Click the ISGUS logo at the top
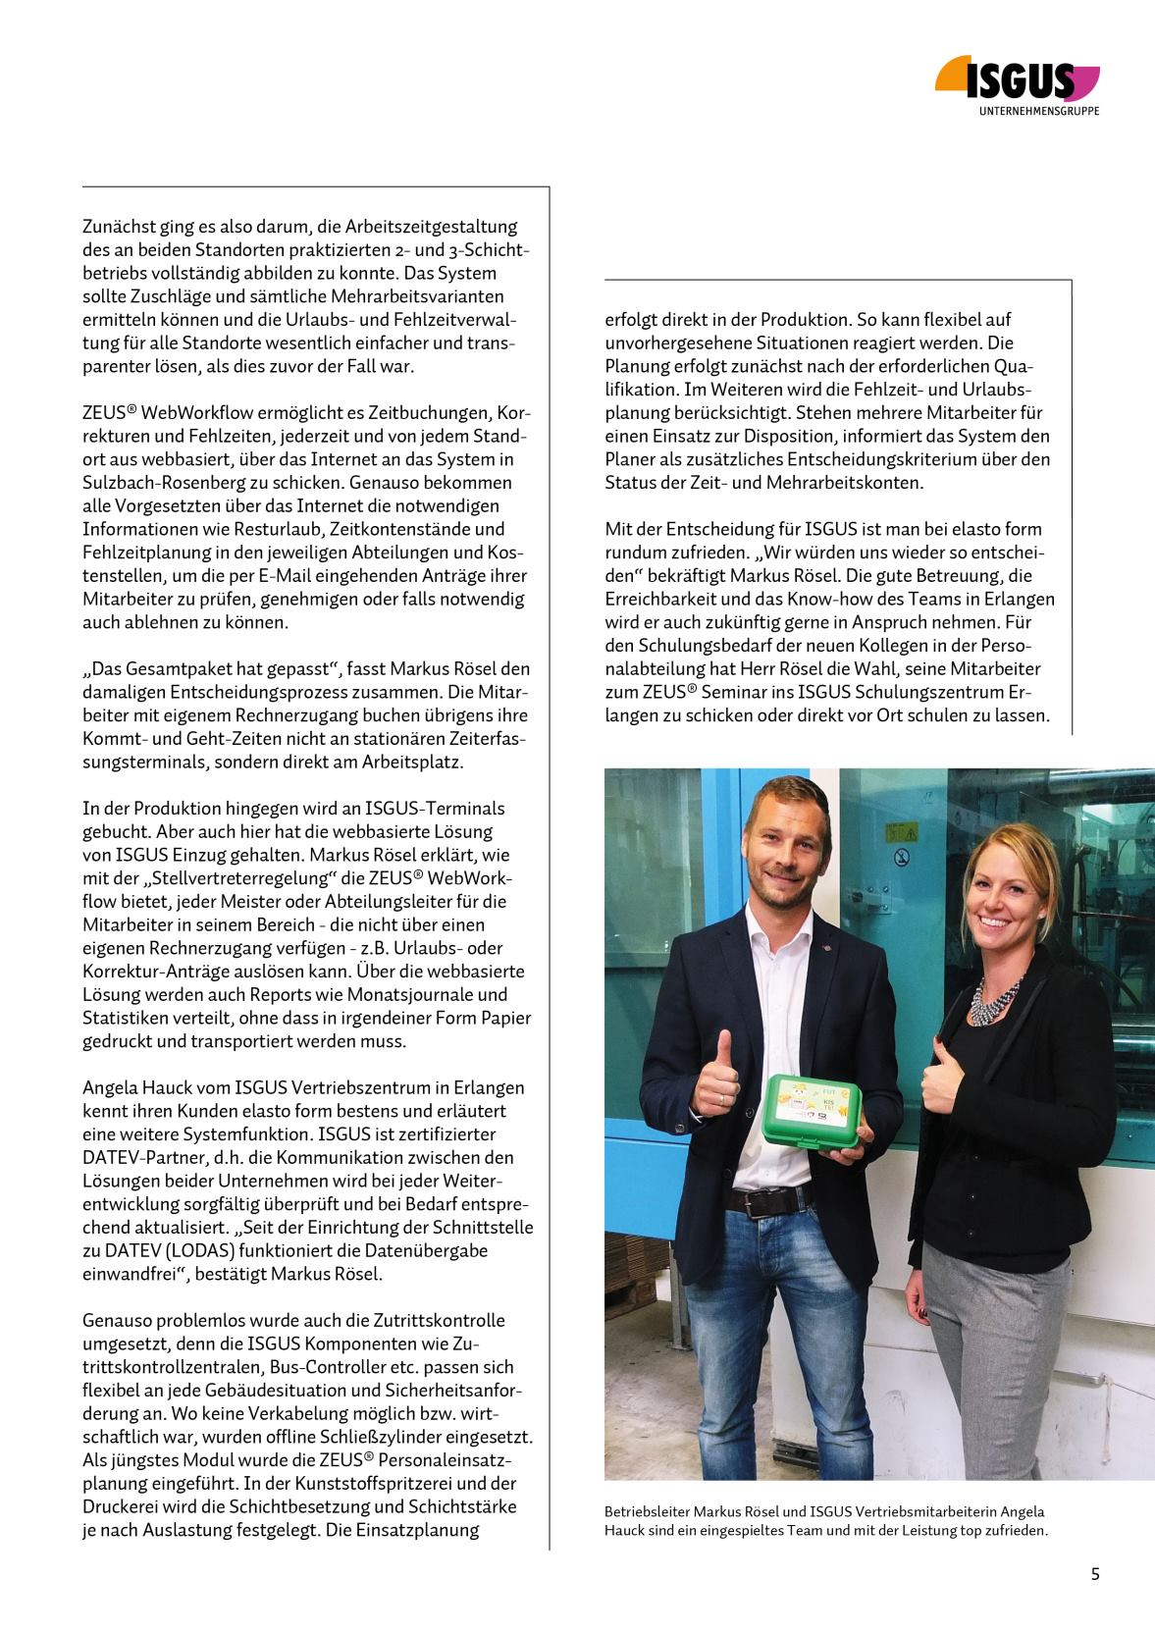pos(1018,79)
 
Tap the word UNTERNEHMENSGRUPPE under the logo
pos(1039,111)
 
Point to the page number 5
pos(1095,1574)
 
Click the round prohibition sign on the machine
pos(901,859)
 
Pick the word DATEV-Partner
pos(137,1158)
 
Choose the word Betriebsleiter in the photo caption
pos(647,1512)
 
